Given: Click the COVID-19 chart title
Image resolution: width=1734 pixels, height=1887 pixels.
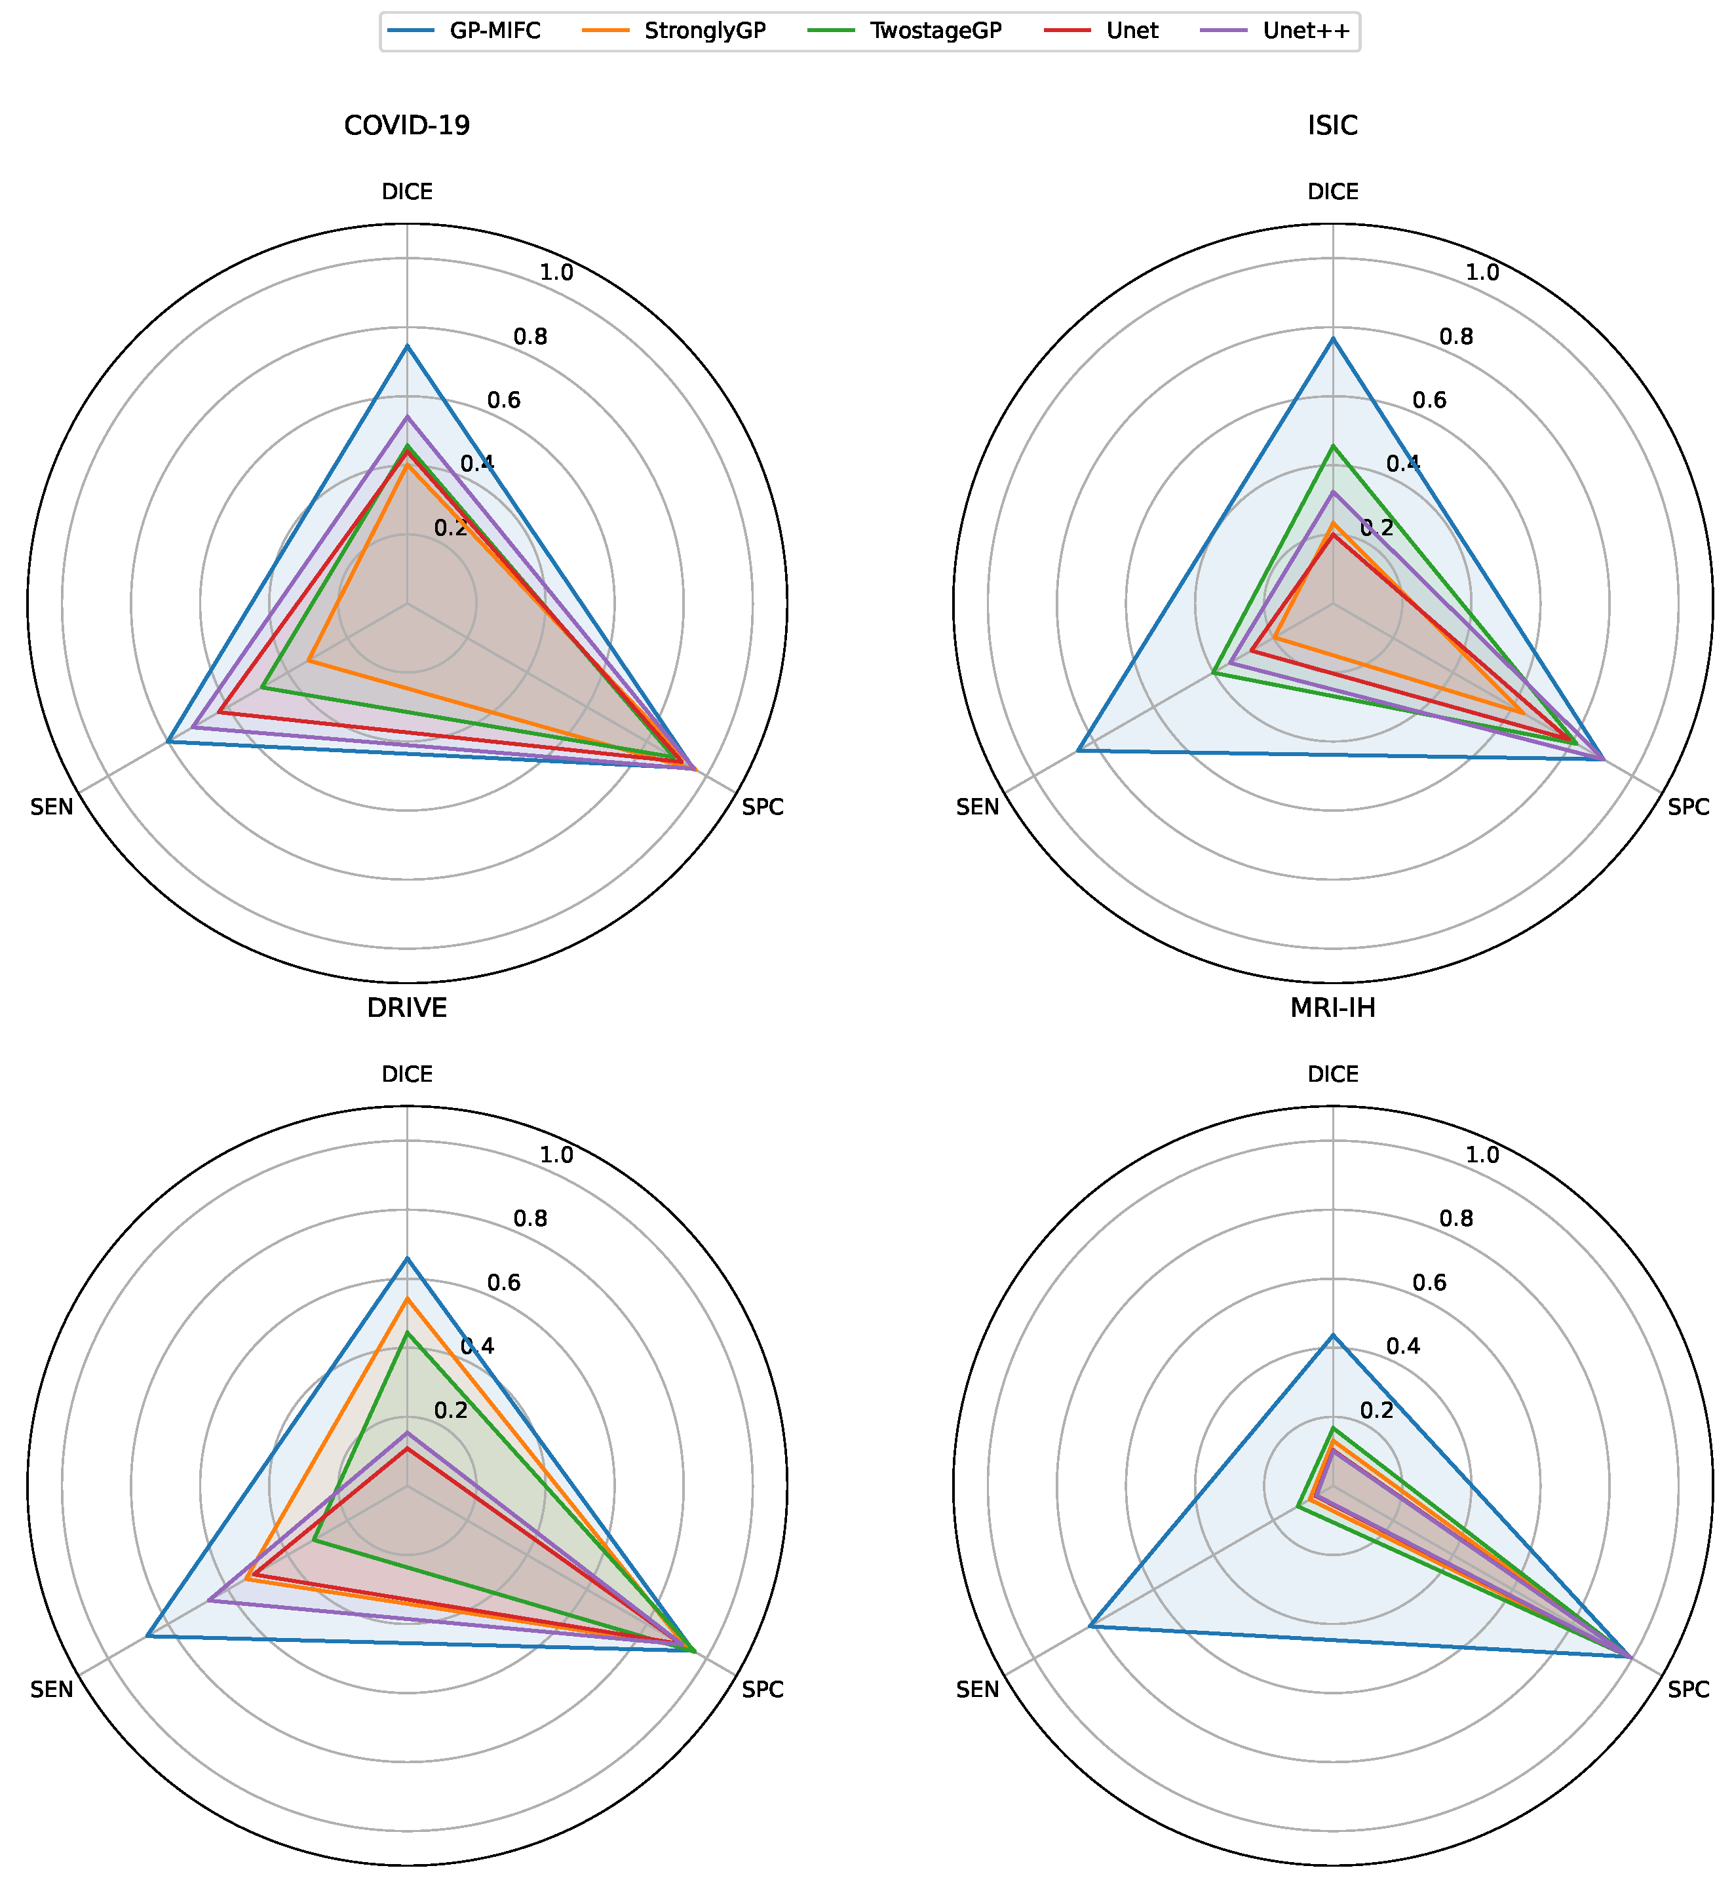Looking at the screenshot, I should click(x=407, y=126).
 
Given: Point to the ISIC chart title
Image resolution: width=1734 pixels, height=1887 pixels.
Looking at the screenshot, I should click(x=1332, y=126).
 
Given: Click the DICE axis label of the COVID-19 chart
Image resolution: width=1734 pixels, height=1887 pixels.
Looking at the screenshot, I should click(x=407, y=193).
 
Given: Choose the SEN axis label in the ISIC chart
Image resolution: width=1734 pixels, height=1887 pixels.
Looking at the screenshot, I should click(x=978, y=807).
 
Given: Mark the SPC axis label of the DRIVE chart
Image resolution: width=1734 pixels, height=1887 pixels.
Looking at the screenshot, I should click(x=763, y=1690).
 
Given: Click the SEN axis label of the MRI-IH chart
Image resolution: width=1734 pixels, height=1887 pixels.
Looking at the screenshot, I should click(x=978, y=1690).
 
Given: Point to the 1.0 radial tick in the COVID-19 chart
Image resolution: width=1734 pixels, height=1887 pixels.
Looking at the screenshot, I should click(x=557, y=273).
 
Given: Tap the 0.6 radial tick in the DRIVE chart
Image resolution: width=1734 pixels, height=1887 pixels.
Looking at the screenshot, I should click(x=504, y=1284).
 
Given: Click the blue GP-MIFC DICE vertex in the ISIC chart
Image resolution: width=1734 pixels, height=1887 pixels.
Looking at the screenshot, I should click(x=1332, y=339).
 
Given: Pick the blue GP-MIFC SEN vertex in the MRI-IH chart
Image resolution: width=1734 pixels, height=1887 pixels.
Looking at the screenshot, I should click(x=1089, y=1626).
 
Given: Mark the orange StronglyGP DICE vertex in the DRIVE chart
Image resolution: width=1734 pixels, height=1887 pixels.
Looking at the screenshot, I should click(x=407, y=1299).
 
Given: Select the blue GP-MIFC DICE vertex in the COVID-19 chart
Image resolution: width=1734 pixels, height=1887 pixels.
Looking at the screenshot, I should click(x=407, y=346).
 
